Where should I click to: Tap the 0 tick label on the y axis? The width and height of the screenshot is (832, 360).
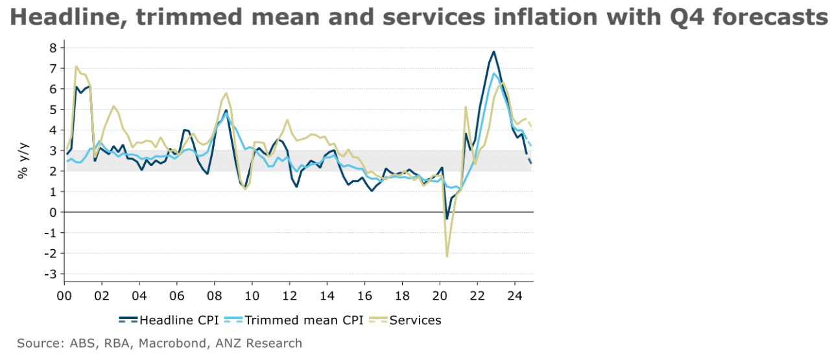click(53, 212)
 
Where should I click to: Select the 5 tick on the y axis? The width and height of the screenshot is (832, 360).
click(53, 109)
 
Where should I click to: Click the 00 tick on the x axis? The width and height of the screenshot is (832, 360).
click(64, 294)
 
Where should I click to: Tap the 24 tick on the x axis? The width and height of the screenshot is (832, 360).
click(514, 294)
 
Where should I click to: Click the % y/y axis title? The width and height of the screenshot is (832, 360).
click(23, 162)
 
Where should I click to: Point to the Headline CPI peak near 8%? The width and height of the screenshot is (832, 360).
click(494, 51)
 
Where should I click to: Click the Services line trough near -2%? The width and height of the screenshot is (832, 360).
click(447, 256)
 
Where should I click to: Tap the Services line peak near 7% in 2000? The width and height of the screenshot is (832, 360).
click(76, 66)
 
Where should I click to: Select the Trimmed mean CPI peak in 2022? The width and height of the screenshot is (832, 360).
click(494, 73)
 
